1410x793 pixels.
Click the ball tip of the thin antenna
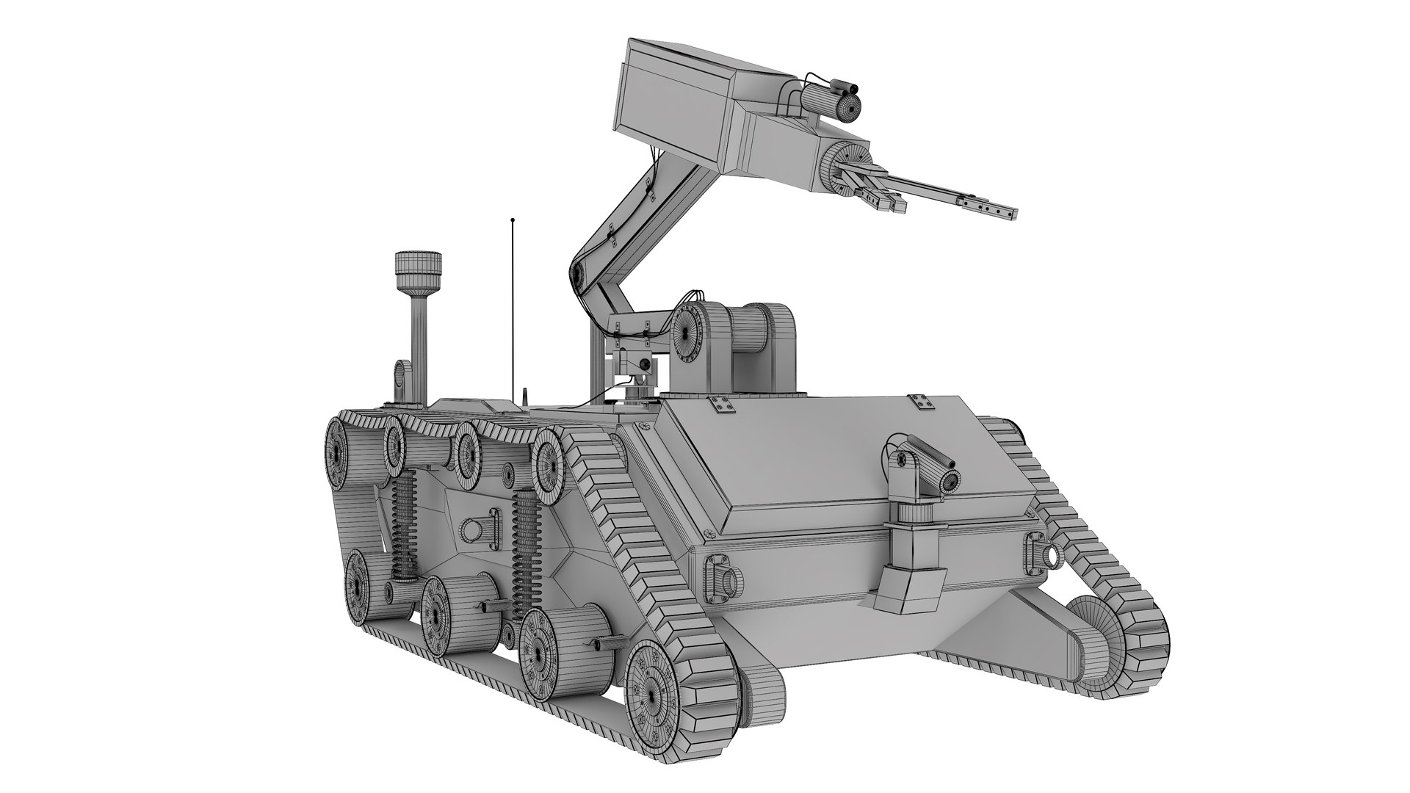pos(513,219)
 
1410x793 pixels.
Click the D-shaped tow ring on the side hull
pos(474,529)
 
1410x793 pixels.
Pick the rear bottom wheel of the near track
pos(360,587)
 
